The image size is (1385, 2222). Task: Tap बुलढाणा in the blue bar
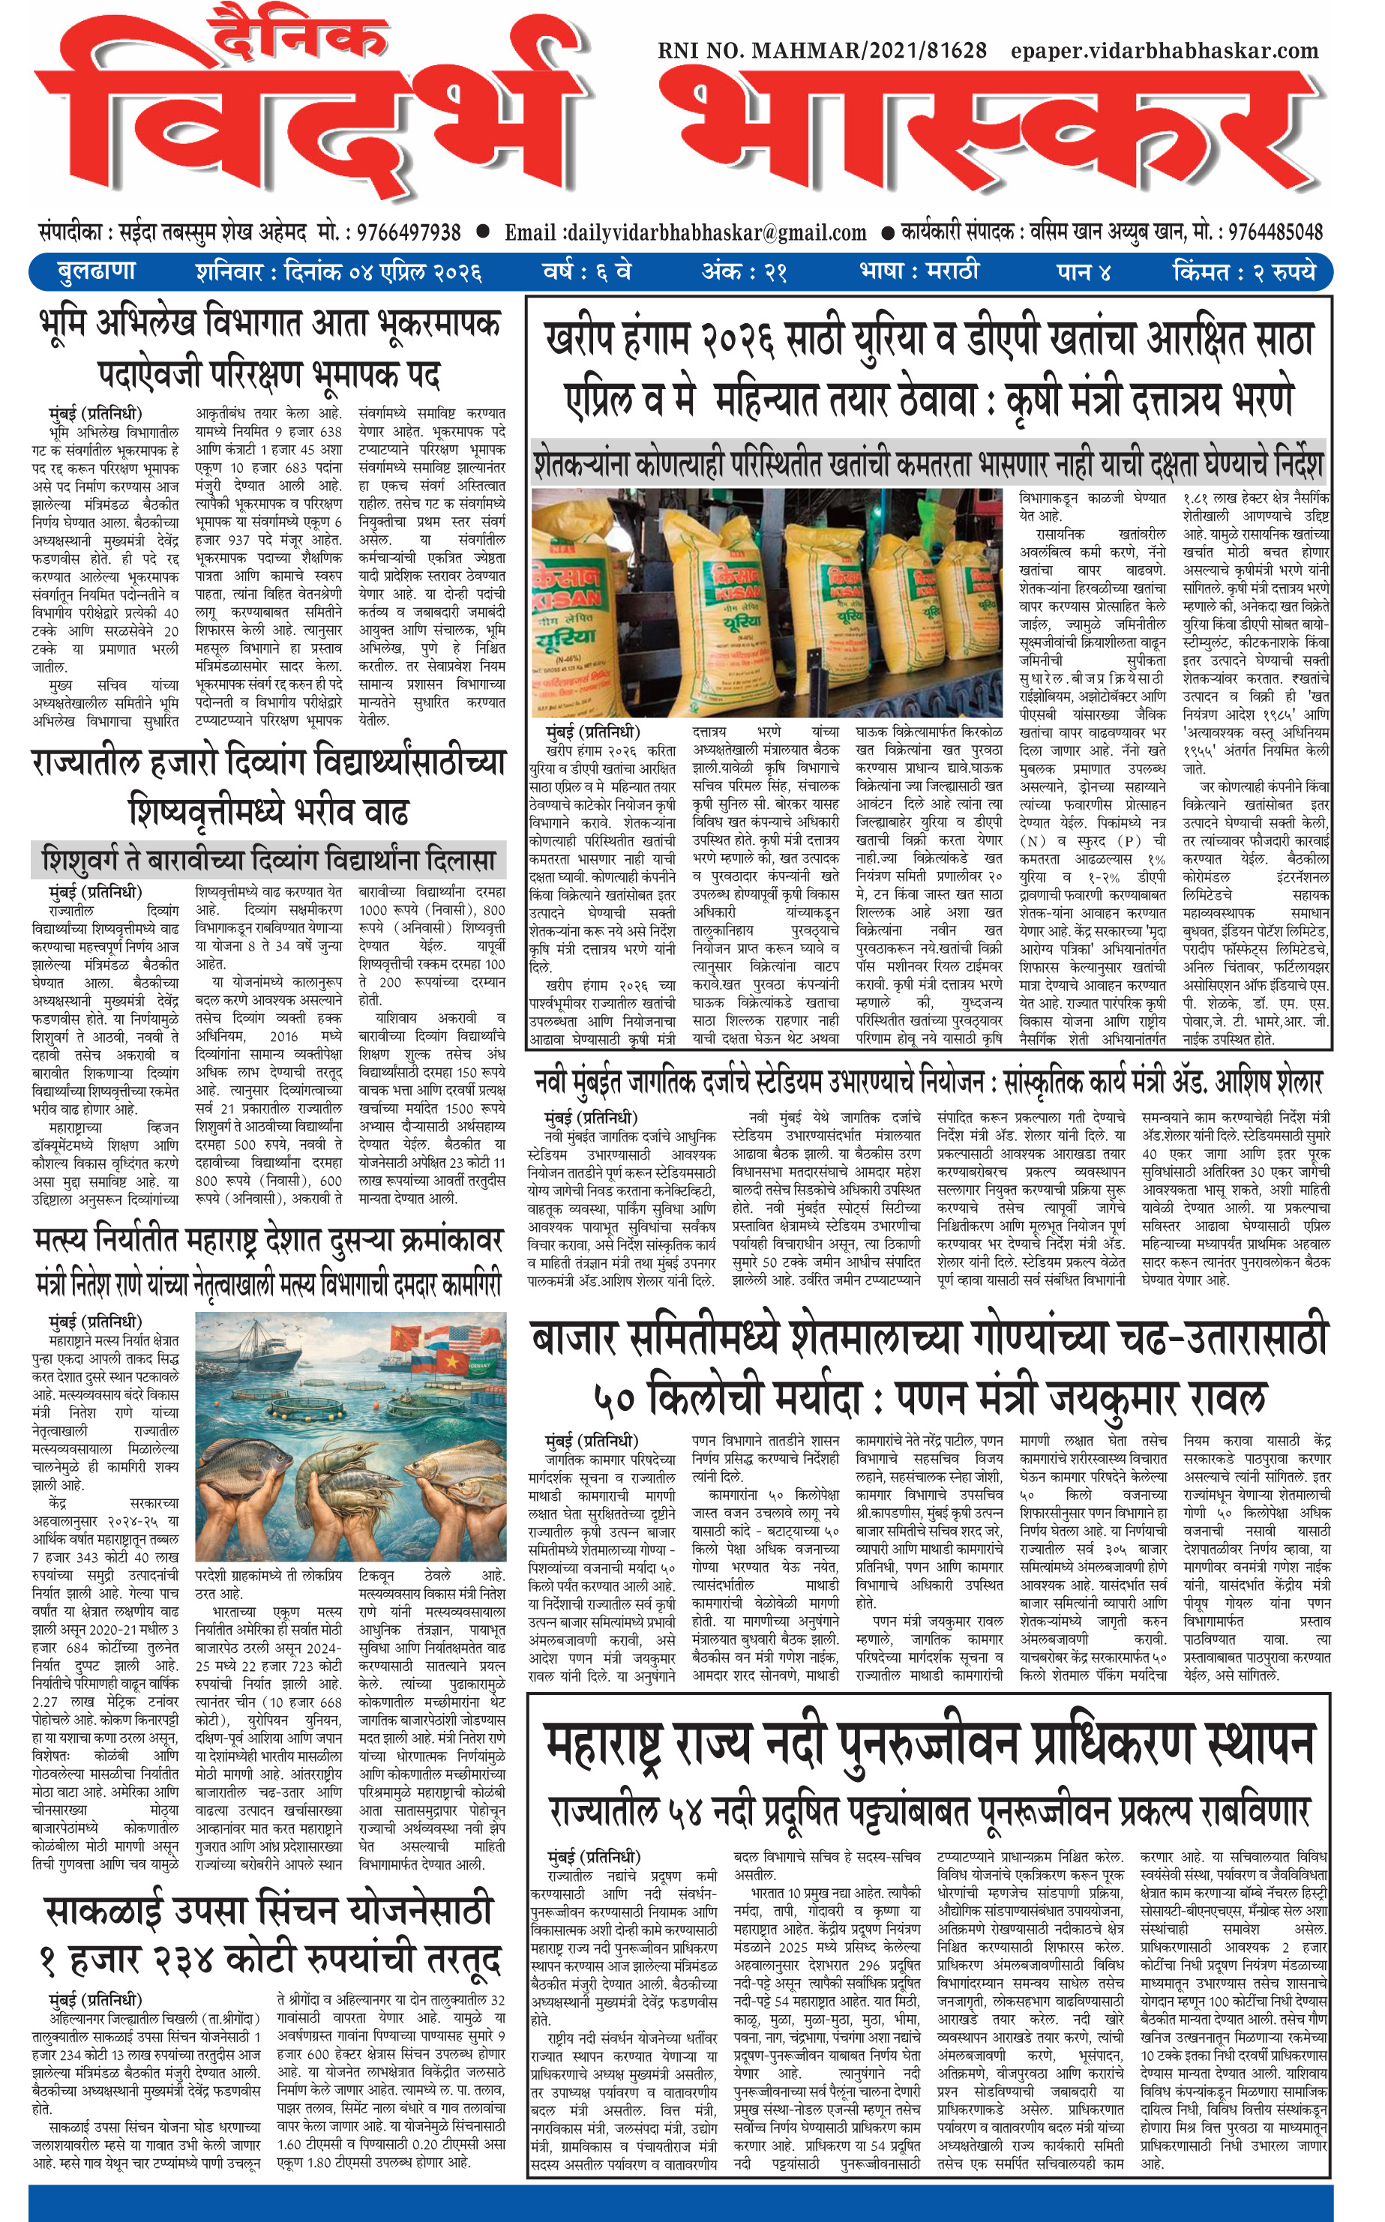pos(96,272)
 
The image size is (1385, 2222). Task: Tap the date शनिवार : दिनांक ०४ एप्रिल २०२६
pos(338,273)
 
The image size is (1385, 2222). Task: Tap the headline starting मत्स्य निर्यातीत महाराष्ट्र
pos(268,1241)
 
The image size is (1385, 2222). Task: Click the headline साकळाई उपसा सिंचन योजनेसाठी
pos(268,1911)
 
